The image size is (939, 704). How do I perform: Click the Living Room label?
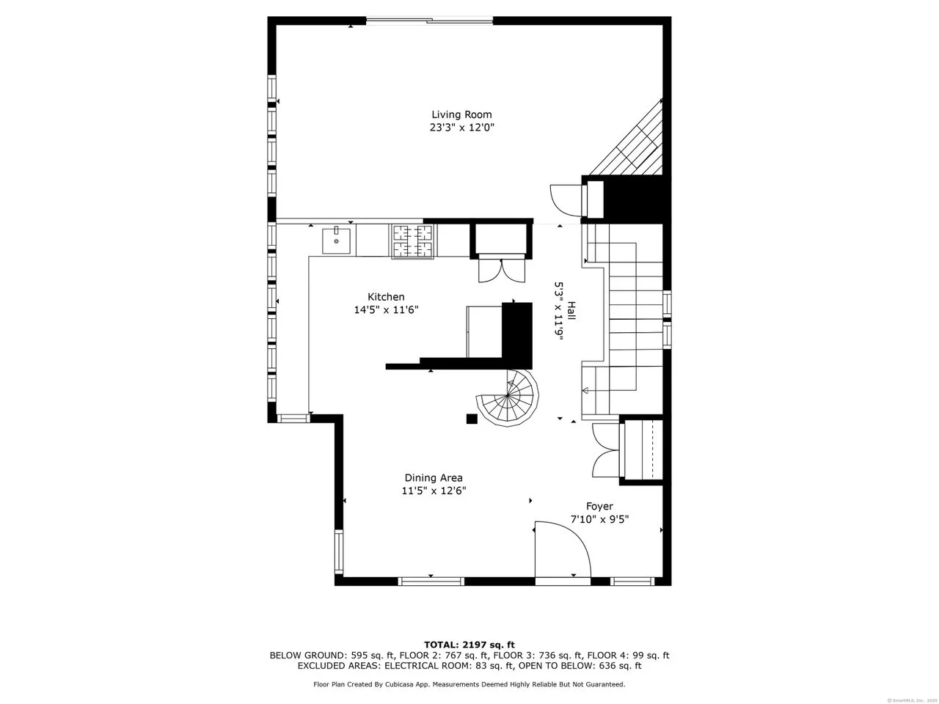[461, 114]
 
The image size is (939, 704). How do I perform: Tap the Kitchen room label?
[386, 297]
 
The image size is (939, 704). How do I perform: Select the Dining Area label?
[434, 477]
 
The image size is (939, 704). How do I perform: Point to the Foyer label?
[599, 507]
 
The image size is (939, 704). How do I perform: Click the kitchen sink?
[336, 241]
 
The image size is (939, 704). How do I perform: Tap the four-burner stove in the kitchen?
[413, 241]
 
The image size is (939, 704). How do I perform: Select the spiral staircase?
[508, 398]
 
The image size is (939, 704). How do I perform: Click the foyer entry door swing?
[563, 549]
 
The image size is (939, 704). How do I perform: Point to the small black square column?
[472, 419]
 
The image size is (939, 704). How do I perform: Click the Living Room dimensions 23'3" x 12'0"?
[461, 128]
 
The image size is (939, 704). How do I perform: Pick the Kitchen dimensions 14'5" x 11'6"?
[386, 309]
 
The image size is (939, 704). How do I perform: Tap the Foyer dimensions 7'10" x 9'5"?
[599, 519]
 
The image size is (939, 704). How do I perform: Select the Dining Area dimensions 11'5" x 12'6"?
[434, 491]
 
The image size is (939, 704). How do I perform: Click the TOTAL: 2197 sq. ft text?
[469, 645]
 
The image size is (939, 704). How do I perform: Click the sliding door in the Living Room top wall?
[429, 21]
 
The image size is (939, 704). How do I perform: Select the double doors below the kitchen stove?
[501, 269]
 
